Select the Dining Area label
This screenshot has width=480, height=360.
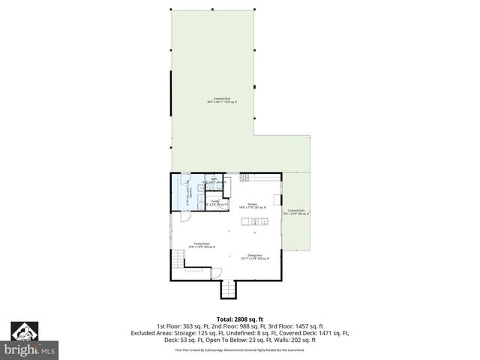254,256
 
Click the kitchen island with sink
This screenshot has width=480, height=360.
255,222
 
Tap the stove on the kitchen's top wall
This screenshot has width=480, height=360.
244,178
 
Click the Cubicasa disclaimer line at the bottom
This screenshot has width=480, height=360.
239,349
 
